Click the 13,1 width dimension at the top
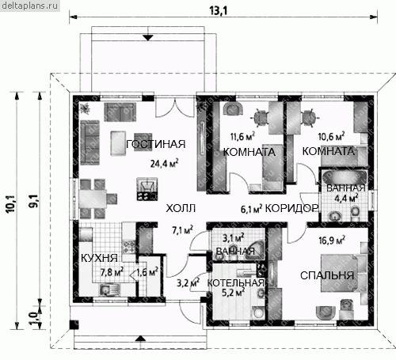point(219,11)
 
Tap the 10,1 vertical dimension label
point(13,203)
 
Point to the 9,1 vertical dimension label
point(34,203)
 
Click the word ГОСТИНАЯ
point(156,144)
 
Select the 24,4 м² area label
point(164,164)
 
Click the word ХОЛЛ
point(181,208)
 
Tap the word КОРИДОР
point(291,208)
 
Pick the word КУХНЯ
point(99,258)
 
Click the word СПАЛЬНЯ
point(327,275)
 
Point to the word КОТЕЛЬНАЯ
point(235,283)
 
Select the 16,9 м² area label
point(332,241)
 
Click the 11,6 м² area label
point(242,136)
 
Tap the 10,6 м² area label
point(331,136)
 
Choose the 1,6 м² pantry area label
point(147,271)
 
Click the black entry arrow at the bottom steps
point(141,339)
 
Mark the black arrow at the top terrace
point(148,38)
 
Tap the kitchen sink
point(109,290)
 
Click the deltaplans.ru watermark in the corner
point(29,6)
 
